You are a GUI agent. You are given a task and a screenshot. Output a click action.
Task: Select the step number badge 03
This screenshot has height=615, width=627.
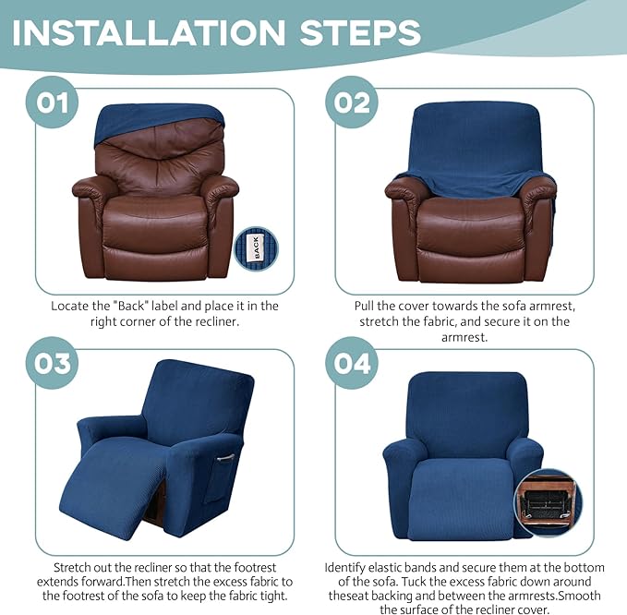(x=53, y=363)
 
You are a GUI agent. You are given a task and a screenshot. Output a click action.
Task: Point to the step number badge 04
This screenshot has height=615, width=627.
(x=352, y=363)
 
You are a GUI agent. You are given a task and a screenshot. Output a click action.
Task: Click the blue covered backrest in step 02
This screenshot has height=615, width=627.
(x=473, y=143)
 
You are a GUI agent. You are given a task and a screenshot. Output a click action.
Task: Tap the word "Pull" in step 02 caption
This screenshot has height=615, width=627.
(x=367, y=305)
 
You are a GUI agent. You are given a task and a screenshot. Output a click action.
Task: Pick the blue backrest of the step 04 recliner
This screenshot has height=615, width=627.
(x=462, y=411)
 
